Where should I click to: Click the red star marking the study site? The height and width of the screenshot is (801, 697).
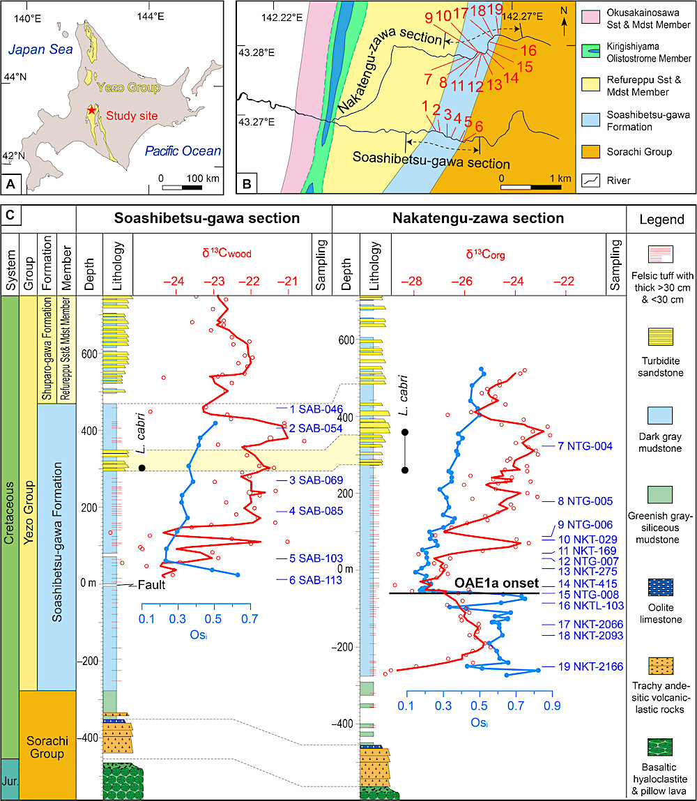[91, 112]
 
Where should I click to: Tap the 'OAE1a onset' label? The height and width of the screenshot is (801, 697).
[496, 582]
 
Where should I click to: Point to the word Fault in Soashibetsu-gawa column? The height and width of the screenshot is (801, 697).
[150, 586]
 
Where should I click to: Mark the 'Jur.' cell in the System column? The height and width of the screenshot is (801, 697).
[10, 779]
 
